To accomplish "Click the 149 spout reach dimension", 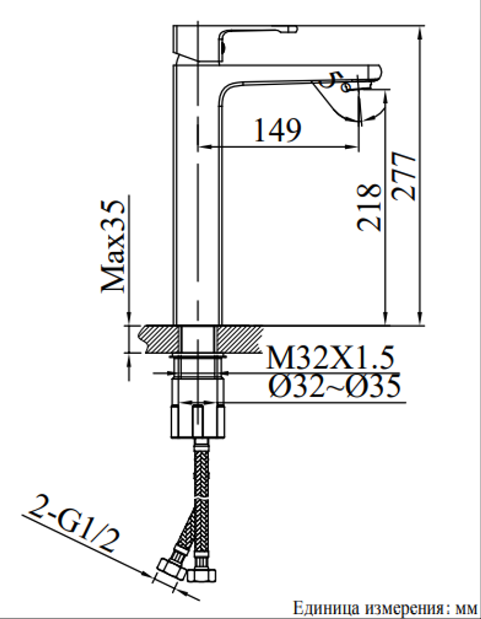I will (x=278, y=129).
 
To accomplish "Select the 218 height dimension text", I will (x=369, y=207).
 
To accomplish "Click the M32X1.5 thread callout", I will (x=330, y=358).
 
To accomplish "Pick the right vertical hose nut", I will (x=202, y=574).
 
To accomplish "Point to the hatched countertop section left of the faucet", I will (x=161, y=339).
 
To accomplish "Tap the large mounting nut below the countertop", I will (x=197, y=421).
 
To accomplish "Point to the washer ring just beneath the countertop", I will (x=197, y=358).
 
